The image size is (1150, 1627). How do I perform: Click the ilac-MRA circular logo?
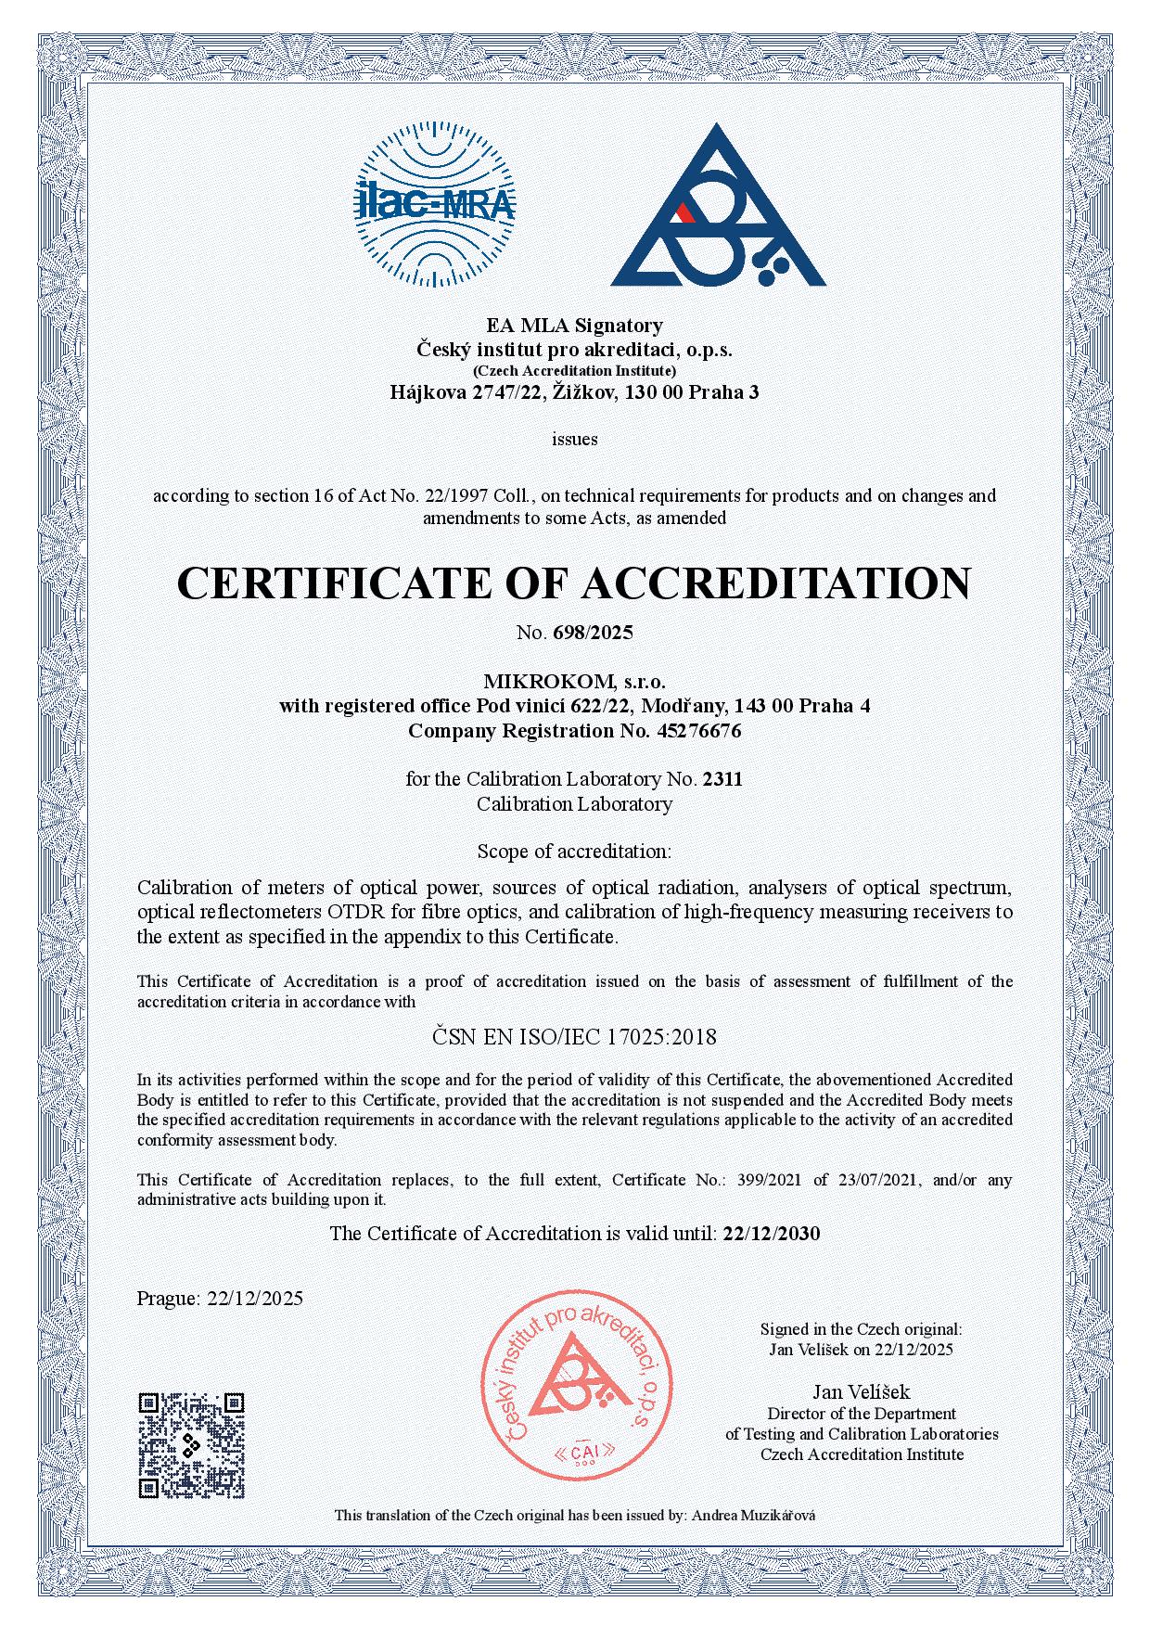click(434, 206)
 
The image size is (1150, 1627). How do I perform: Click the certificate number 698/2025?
click(593, 634)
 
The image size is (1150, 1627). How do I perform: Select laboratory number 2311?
click(722, 779)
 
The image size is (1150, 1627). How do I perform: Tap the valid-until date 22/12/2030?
click(771, 1234)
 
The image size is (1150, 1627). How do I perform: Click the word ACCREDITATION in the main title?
click(775, 583)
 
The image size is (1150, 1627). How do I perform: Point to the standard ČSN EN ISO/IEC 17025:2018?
click(574, 1037)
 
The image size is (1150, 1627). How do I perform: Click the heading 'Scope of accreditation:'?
click(574, 851)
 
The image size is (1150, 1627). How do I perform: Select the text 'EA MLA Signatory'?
click(574, 326)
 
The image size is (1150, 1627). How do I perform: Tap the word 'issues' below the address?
click(574, 439)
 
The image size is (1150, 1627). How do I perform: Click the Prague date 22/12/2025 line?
click(220, 1299)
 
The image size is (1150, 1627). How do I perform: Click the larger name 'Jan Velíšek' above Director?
click(862, 1391)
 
